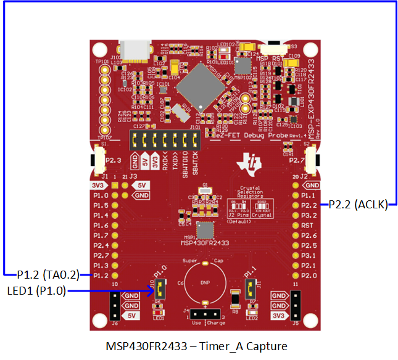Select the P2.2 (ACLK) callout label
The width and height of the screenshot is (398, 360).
coord(359,205)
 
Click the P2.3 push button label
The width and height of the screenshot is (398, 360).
coord(113,162)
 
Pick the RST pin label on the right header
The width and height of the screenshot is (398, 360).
coord(308,226)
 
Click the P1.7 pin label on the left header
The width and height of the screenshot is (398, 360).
coord(101,235)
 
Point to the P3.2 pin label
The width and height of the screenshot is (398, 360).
coord(310,216)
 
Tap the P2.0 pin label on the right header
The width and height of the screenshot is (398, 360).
coord(310,275)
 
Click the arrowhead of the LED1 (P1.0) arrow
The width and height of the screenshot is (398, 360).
coord(152,290)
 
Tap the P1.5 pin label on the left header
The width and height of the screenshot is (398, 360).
coord(101,205)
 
